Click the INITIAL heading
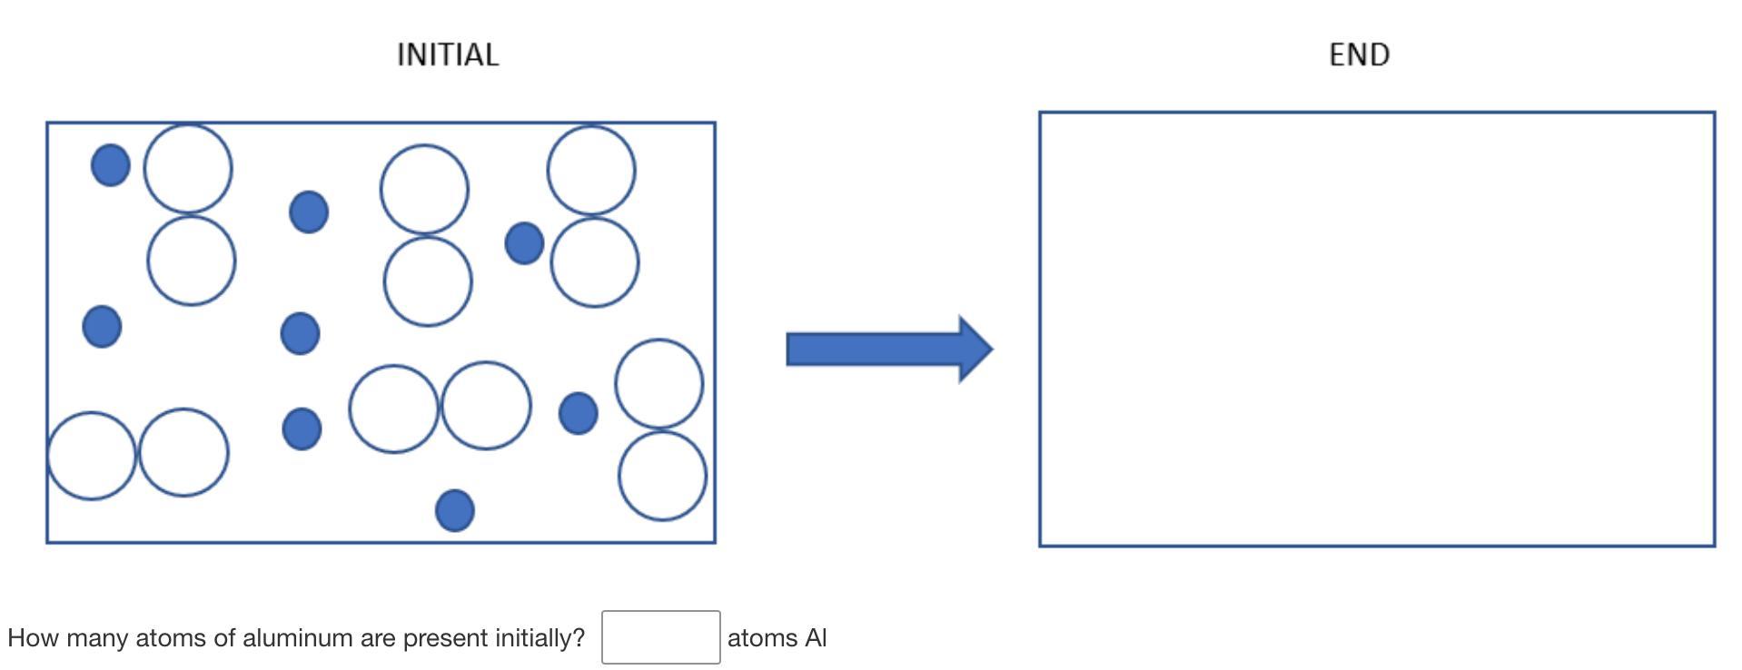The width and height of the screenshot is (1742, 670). [x=448, y=54]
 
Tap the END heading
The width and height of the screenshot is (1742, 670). [x=1359, y=54]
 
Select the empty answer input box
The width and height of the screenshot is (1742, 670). [x=660, y=637]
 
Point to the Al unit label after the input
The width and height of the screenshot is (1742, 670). [x=815, y=638]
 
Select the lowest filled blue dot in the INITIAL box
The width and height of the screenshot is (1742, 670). [x=455, y=510]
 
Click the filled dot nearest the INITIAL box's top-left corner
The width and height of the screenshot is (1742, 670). [x=111, y=165]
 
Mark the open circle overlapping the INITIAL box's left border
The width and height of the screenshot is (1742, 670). [x=91, y=455]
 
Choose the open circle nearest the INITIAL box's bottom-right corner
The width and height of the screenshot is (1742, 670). [x=662, y=476]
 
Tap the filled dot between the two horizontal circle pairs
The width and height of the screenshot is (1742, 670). [x=302, y=429]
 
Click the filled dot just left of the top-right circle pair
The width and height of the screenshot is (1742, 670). [x=524, y=243]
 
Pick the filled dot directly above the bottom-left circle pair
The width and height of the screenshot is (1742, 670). [x=102, y=326]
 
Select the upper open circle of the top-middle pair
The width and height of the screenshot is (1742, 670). [x=424, y=189]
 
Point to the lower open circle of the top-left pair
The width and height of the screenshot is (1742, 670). [x=192, y=261]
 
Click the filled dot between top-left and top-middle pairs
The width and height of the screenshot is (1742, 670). [x=309, y=212]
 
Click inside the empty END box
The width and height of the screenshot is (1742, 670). [x=1376, y=329]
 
